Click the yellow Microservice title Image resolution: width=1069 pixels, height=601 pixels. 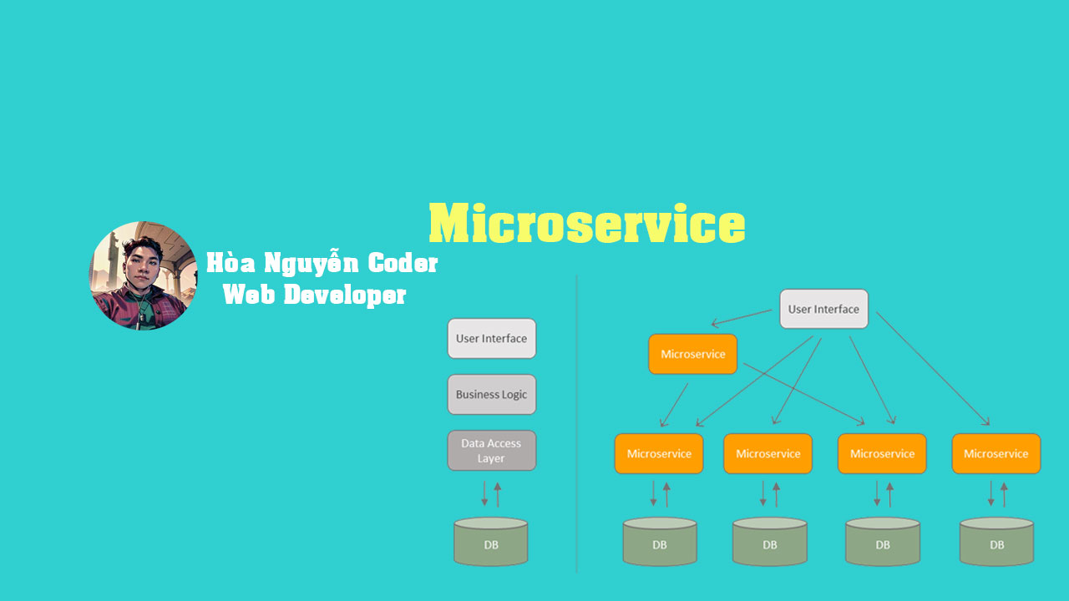[586, 224]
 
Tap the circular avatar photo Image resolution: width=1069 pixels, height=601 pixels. [144, 275]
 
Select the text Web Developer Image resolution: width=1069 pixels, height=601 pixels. [315, 295]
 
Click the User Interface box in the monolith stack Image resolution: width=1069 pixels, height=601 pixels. [491, 338]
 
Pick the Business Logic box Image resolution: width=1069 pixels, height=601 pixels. [491, 394]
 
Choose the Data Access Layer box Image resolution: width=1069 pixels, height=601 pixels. [491, 451]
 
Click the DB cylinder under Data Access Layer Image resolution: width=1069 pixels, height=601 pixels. [491, 543]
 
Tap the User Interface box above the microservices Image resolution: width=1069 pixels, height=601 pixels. [823, 309]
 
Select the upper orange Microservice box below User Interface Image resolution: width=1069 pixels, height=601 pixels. [692, 354]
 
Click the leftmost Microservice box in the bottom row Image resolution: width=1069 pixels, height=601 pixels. [659, 453]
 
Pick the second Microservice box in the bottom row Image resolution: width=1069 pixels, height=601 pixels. [768, 453]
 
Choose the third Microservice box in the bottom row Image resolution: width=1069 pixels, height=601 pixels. [882, 453]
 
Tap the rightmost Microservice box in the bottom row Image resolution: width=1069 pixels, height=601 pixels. [996, 453]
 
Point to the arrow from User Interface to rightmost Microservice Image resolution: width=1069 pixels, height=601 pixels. [932, 368]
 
